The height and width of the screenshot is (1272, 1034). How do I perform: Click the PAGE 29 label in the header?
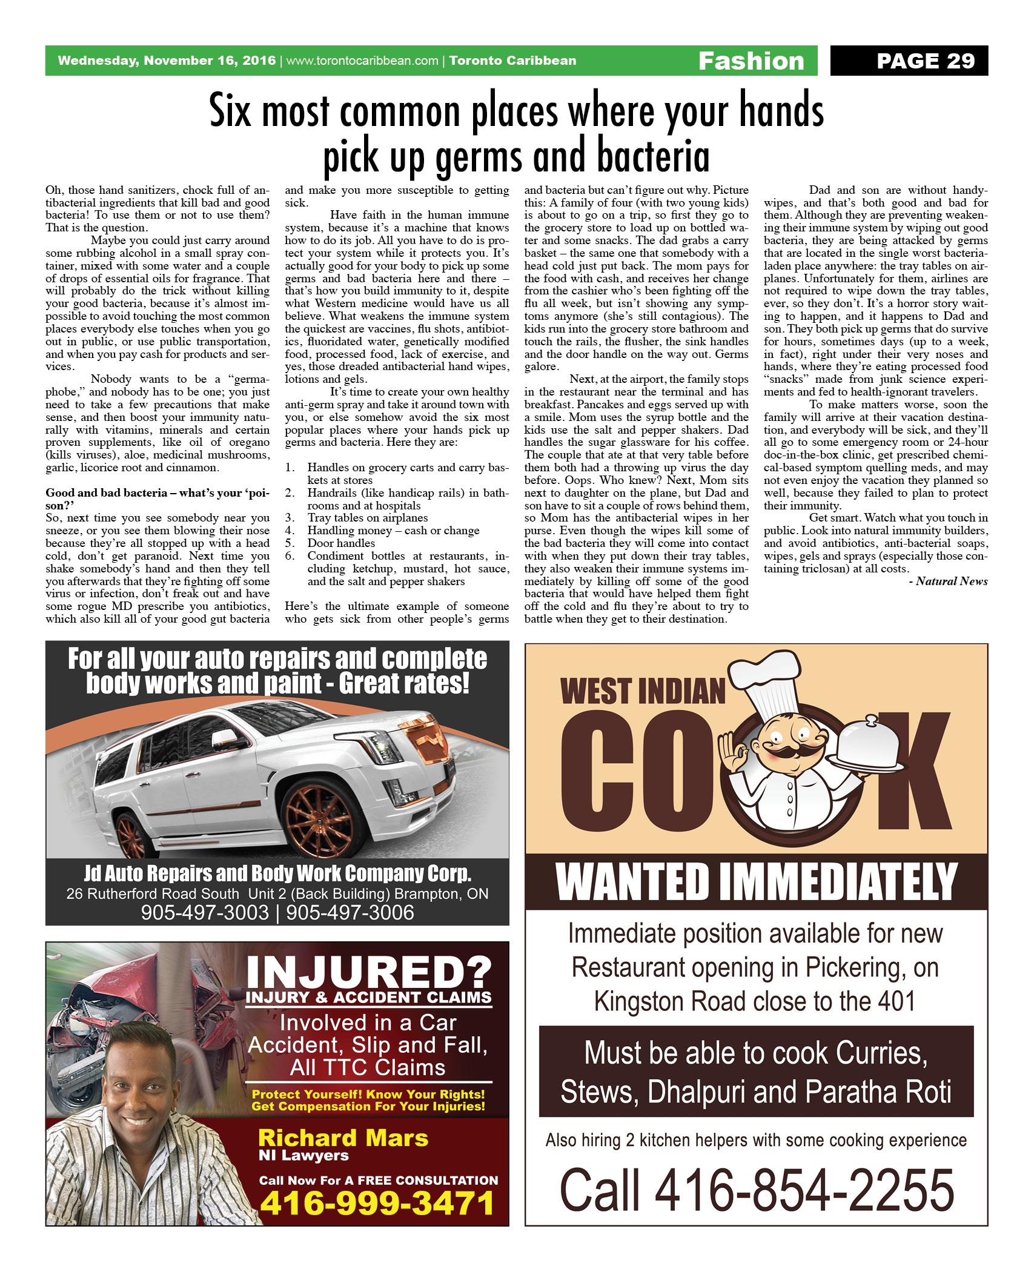point(926,61)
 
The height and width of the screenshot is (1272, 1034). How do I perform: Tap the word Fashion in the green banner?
point(751,61)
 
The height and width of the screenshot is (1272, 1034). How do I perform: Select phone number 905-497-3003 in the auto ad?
point(205,912)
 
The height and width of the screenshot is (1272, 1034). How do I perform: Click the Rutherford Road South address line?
point(277,894)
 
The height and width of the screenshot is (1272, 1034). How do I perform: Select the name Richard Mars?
point(343,1138)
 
